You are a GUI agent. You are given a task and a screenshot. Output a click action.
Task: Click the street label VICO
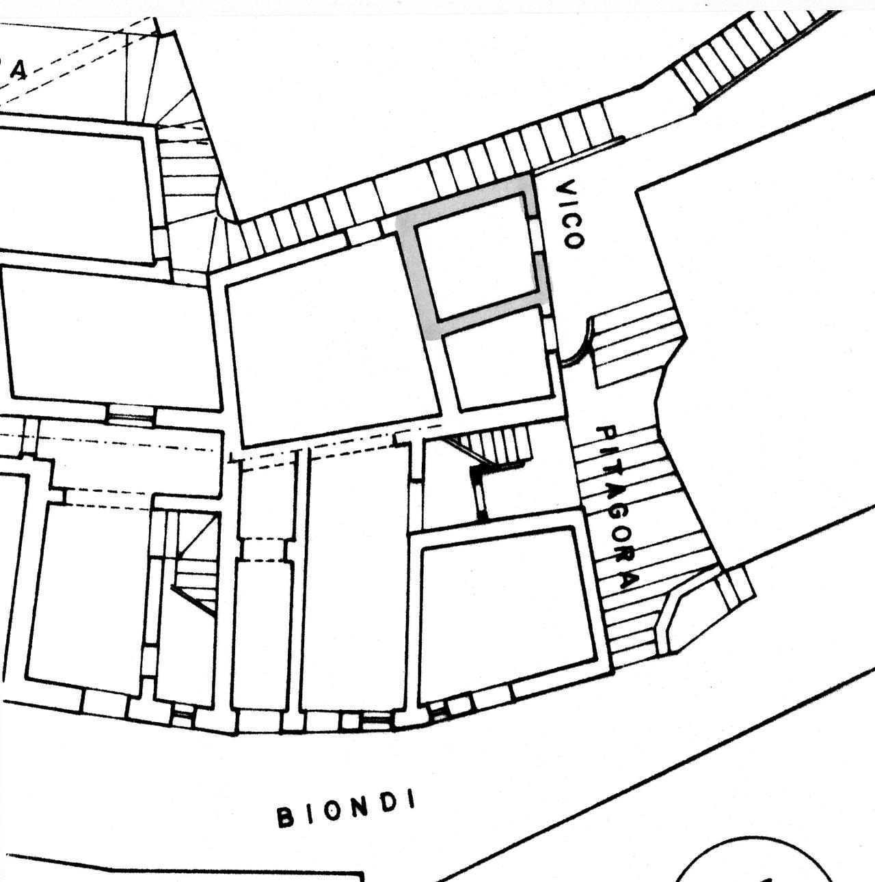(571, 214)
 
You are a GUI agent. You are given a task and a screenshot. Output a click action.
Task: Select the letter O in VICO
(574, 239)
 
